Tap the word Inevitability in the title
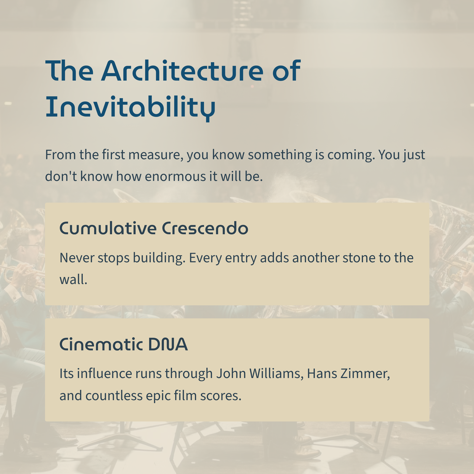pos(130,107)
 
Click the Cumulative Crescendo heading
pos(154,228)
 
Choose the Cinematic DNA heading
pos(124,344)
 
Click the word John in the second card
pos(231,374)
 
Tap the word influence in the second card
pos(105,374)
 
